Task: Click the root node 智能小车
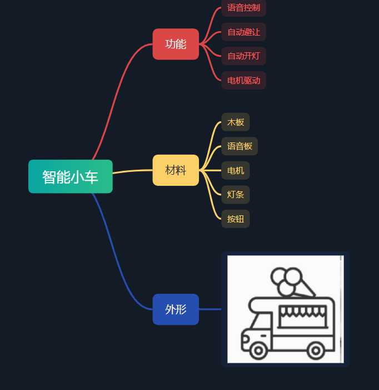(x=71, y=176)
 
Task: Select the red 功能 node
(x=176, y=44)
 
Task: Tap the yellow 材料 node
(x=176, y=170)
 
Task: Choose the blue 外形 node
(x=176, y=309)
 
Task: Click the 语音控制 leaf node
(x=243, y=8)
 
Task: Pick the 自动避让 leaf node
(x=243, y=32)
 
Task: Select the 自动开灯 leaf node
(x=243, y=56)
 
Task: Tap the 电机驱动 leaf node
(x=243, y=80)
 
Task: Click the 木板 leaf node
(x=236, y=122)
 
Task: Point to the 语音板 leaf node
(x=240, y=146)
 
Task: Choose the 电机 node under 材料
(x=236, y=170)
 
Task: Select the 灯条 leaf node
(x=236, y=195)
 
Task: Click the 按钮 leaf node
(x=236, y=219)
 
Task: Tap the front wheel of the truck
(x=258, y=350)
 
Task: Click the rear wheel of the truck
(x=316, y=350)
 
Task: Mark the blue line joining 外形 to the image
(x=210, y=309)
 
